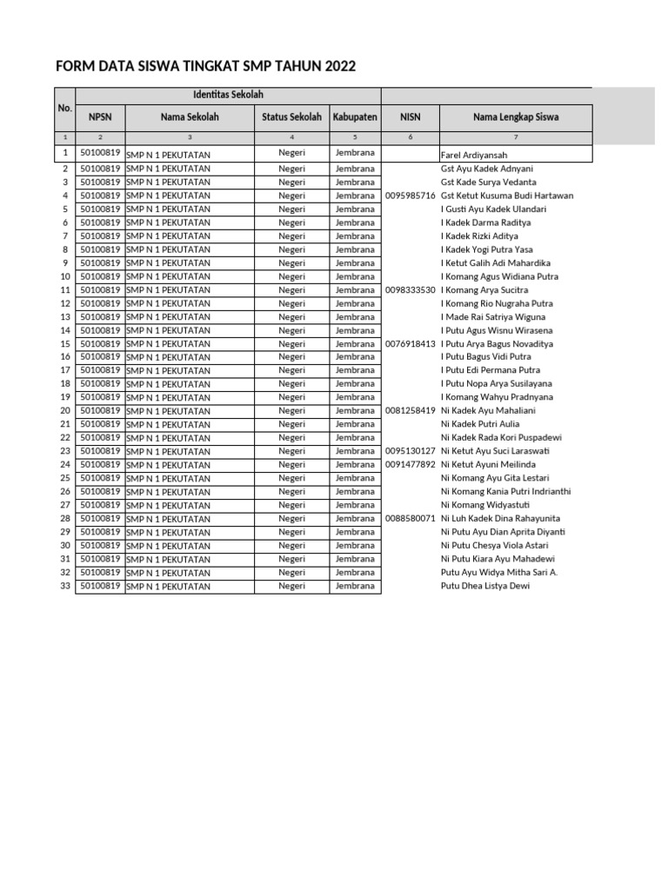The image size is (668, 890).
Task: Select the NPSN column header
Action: coord(100,117)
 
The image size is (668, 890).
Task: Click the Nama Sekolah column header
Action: coord(190,117)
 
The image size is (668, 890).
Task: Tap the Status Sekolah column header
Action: coord(291,117)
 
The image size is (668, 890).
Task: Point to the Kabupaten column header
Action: coord(355,117)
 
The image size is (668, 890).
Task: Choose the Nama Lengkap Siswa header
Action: coord(516,117)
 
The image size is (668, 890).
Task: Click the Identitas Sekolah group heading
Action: coord(228,95)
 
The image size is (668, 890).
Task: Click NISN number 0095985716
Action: coord(410,196)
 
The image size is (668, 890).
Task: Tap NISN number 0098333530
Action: coord(410,290)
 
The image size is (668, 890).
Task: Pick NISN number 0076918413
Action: coord(410,344)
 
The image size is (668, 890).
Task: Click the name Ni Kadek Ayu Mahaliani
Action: coord(488,411)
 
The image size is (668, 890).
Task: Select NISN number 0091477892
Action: coord(410,465)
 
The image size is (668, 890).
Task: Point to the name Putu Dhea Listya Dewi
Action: coord(484,586)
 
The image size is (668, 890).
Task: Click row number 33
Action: coord(64,586)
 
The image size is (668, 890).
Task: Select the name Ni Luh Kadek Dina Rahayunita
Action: coord(500,519)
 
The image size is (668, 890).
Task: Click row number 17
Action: coord(64,370)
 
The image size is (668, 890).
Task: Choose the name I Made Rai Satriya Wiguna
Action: coord(493,317)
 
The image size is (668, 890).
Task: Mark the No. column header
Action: coord(64,109)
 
